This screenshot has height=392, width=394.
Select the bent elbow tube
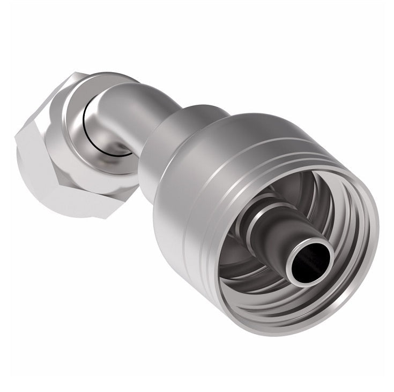134,112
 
